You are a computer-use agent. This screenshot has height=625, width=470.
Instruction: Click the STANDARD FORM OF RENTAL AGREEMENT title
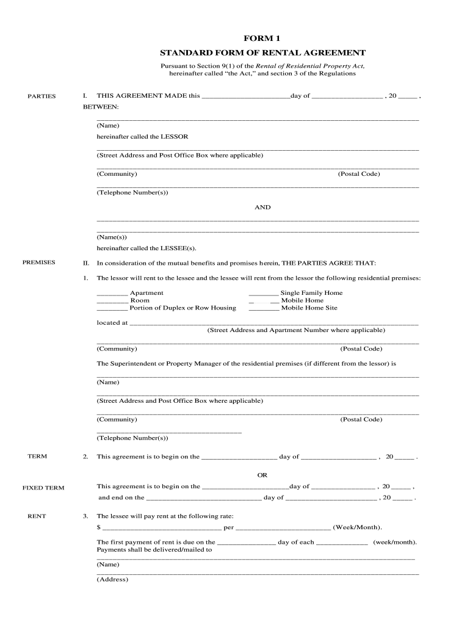(x=262, y=52)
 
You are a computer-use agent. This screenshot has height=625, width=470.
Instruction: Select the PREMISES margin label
(x=39, y=262)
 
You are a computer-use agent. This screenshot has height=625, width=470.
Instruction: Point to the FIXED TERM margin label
(x=43, y=488)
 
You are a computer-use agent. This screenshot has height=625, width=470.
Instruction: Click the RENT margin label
(x=37, y=516)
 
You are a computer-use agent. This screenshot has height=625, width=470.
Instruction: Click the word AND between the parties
(x=262, y=208)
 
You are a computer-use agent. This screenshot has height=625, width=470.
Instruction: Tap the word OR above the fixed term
(x=262, y=475)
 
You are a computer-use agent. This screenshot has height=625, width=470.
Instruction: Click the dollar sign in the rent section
(x=98, y=527)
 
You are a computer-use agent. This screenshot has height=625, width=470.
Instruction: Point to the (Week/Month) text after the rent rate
(x=357, y=527)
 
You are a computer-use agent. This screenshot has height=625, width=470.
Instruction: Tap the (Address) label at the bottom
(x=112, y=580)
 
